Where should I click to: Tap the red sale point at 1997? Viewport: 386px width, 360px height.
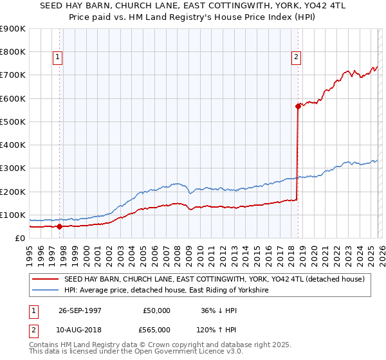60,226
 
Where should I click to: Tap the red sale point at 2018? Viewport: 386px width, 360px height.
298,107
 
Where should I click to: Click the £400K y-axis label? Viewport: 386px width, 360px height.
13,145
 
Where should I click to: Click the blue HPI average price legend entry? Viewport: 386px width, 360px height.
166,291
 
